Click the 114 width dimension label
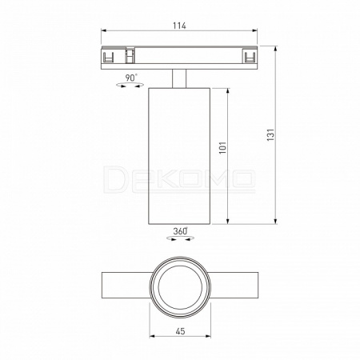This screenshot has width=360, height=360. (179, 26)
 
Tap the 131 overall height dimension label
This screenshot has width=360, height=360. (270, 134)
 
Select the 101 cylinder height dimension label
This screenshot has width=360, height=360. (222, 147)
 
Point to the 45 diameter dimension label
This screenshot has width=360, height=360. (180, 331)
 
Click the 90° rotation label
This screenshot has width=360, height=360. (131, 78)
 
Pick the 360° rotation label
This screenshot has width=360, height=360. (180, 231)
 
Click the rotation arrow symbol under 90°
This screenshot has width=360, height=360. (130, 85)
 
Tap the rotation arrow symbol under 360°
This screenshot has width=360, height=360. (180, 238)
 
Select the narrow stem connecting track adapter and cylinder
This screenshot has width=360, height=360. (179, 78)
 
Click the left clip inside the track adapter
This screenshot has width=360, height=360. (108, 57)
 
